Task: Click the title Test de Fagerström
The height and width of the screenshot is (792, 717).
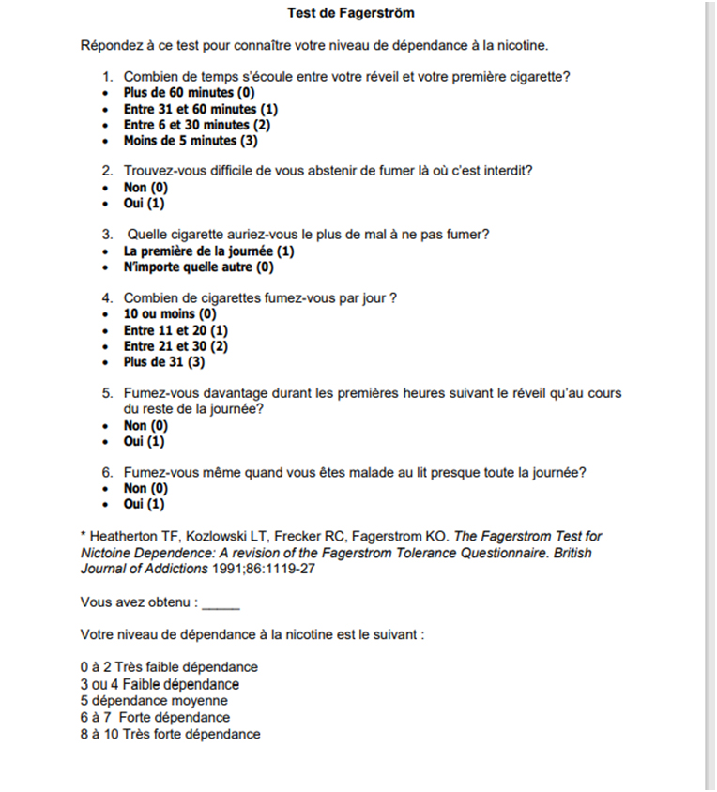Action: click(x=350, y=14)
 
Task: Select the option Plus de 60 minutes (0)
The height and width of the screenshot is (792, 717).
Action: click(x=189, y=93)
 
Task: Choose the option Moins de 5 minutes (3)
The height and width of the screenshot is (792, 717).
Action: click(x=191, y=141)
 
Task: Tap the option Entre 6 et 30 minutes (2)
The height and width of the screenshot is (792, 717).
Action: click(x=197, y=125)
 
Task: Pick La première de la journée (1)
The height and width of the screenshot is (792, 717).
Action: click(x=208, y=251)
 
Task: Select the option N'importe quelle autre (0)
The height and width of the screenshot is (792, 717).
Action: click(x=198, y=267)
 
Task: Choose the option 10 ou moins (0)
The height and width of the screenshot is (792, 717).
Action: click(x=170, y=314)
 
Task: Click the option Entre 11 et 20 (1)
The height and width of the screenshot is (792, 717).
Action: click(x=175, y=330)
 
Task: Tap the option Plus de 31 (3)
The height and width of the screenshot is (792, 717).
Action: click(x=164, y=362)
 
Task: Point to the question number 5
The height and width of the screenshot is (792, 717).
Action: click(x=107, y=394)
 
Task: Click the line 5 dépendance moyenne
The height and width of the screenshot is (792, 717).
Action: click(x=154, y=700)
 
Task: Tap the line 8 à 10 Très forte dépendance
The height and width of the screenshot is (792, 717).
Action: click(x=171, y=734)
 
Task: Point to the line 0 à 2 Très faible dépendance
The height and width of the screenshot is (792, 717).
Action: click(x=169, y=667)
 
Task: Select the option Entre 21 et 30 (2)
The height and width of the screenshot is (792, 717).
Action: click(x=175, y=346)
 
